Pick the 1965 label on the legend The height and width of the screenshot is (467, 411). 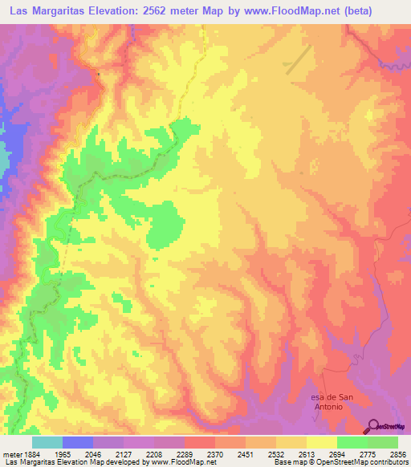coord(63,454)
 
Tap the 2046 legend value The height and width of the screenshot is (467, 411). coord(93,454)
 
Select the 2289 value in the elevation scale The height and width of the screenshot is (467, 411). coord(185,454)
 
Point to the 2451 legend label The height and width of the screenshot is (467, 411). coord(246,454)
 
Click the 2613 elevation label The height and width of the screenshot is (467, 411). coord(307,454)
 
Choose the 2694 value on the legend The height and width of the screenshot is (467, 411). coord(337,454)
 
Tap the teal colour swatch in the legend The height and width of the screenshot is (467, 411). coord(47,442)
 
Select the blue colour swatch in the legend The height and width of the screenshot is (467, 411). coord(78,442)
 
